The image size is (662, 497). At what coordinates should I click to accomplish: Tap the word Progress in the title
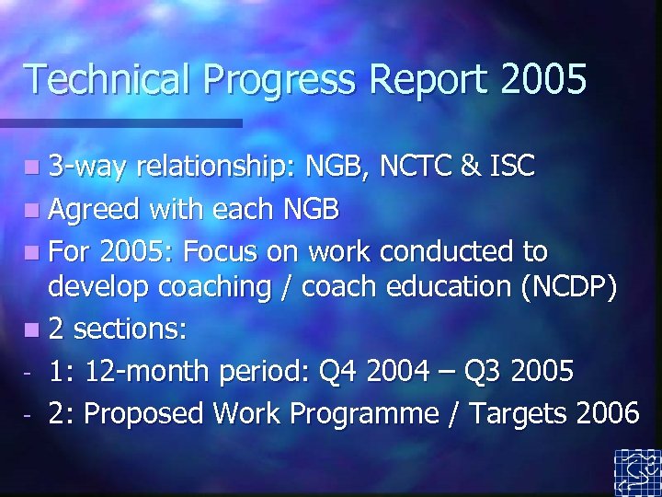[280, 80]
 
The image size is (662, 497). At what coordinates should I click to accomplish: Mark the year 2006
[608, 413]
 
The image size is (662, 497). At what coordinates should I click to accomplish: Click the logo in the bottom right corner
[637, 472]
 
